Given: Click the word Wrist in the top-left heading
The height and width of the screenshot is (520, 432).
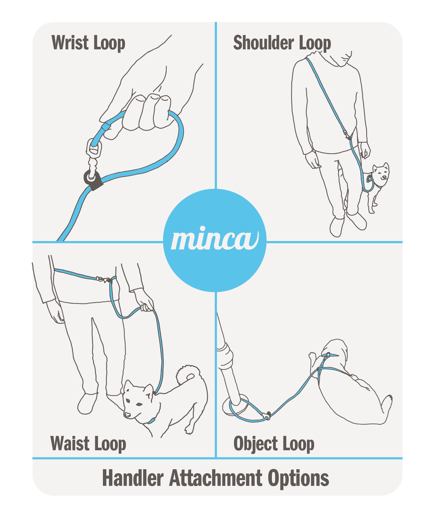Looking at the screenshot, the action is point(70,43).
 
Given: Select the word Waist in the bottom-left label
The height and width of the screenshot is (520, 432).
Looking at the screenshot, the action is point(70,444).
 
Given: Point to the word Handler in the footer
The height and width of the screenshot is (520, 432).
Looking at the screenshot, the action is point(133,478).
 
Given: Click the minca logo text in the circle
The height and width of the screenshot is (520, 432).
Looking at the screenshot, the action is point(215,239).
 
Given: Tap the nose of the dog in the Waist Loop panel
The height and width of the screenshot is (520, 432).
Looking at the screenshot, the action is point(127,414).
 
